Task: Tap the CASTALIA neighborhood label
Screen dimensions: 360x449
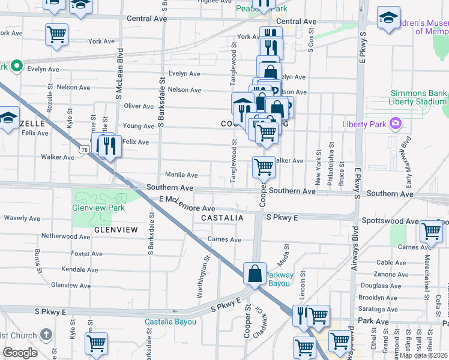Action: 222,218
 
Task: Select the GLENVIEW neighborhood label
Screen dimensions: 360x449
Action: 116,229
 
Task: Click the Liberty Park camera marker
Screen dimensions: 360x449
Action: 396,124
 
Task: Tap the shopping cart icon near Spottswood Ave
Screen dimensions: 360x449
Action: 431,231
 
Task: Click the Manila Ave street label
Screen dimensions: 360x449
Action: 181,175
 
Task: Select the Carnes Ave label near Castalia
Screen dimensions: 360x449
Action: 224,240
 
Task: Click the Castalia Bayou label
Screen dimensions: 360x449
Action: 170,322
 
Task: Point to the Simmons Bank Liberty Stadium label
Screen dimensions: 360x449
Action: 419,97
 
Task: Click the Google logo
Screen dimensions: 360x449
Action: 20,353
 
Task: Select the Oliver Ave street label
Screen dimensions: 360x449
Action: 139,106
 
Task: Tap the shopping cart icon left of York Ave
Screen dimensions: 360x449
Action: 56,34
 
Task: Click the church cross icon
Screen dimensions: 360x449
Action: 47,335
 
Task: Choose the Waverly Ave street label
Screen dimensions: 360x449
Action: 22,218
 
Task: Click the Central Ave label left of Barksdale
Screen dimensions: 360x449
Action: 146,19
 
